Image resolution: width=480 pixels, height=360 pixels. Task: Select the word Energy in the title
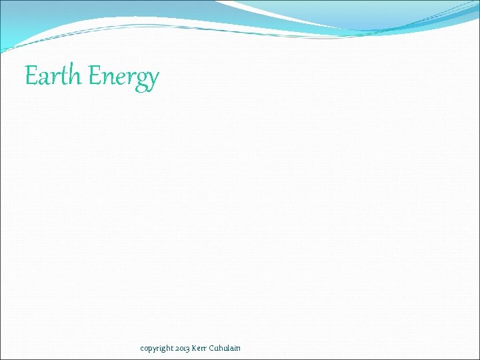point(124,77)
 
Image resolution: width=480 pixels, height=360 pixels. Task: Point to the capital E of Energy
point(96,75)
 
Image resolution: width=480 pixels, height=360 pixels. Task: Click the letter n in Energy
point(111,78)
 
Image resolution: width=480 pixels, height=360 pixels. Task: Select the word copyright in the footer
point(157,348)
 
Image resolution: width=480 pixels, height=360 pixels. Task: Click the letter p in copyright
point(151,349)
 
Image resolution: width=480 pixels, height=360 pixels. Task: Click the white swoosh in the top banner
point(280,15)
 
